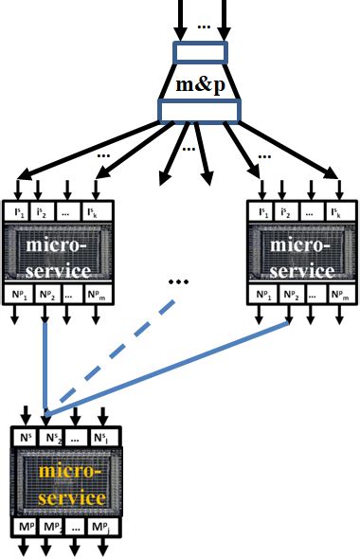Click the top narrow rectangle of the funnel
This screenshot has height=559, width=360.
click(200, 51)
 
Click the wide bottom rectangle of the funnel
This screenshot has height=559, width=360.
click(200, 114)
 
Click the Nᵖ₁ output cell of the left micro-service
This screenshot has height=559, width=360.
click(22, 295)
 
